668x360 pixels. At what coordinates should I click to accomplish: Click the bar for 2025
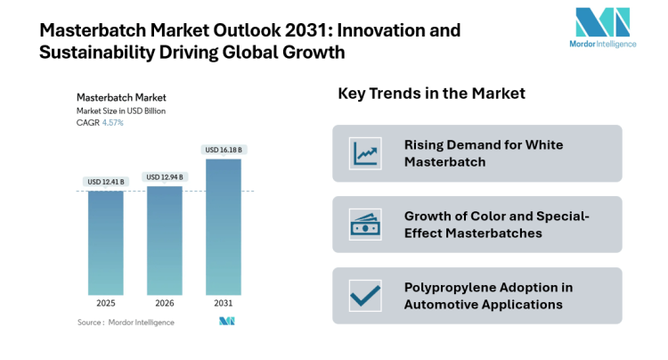(106, 242)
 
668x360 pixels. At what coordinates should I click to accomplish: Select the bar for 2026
(165, 240)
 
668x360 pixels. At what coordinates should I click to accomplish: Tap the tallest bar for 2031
(223, 226)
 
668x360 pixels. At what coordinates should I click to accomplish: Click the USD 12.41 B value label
(106, 182)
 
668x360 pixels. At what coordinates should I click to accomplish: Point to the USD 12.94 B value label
(165, 176)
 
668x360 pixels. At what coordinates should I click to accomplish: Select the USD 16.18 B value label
(224, 150)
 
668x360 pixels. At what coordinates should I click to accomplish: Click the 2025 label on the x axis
(106, 303)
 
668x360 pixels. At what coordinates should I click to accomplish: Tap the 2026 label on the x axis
(165, 303)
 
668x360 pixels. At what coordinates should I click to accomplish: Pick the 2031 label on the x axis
(224, 303)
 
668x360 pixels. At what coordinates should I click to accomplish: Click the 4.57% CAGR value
(112, 123)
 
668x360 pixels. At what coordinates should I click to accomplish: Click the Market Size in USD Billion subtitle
(121, 110)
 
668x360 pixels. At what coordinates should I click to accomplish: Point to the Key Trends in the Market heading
(431, 94)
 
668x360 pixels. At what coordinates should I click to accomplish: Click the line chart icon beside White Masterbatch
(365, 153)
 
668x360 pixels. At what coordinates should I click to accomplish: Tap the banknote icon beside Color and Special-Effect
(365, 225)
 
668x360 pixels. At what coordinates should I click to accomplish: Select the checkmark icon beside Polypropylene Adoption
(365, 295)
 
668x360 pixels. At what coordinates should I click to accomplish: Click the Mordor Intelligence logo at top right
(602, 29)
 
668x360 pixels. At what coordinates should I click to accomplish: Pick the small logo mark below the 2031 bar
(226, 321)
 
